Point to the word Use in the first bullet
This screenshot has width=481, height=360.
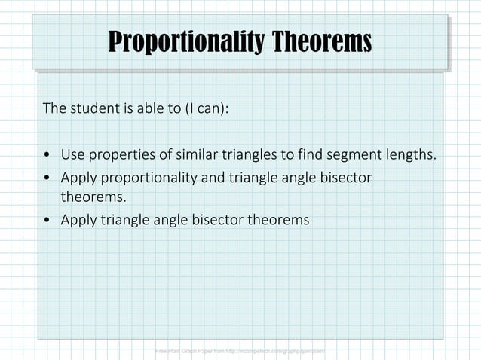pyautogui.click(x=72, y=156)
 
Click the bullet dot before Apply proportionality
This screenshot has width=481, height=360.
pyautogui.click(x=47, y=178)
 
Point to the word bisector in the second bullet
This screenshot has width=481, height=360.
pyautogui.click(x=345, y=178)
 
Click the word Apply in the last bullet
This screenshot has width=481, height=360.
pyautogui.click(x=78, y=220)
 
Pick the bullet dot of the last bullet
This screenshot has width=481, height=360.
pyautogui.click(x=47, y=221)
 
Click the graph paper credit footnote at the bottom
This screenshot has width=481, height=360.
pyautogui.click(x=239, y=352)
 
